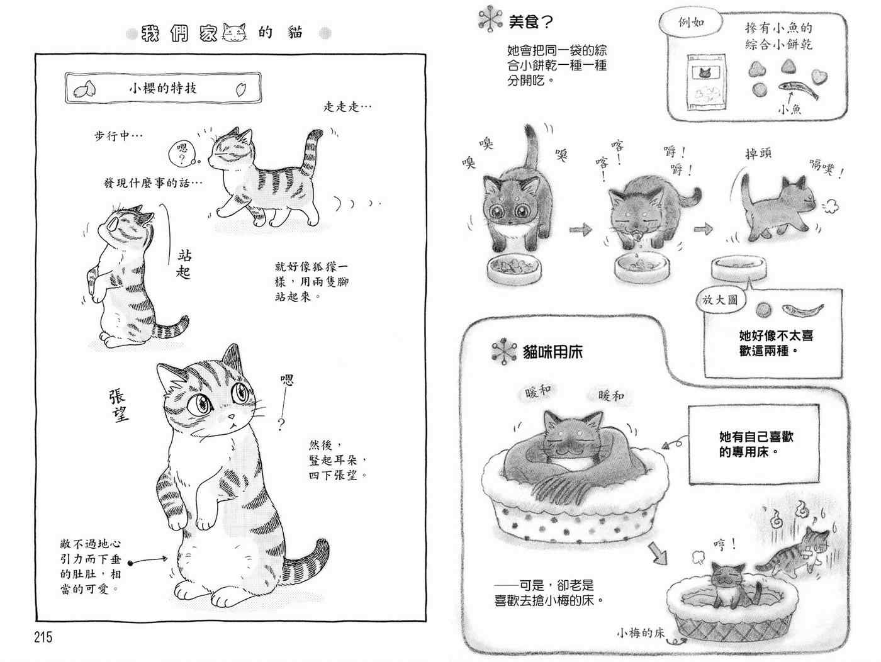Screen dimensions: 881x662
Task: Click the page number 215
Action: pos(43,637)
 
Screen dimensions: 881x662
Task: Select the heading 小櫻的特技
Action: pos(163,88)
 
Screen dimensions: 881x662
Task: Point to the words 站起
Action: pos(184,264)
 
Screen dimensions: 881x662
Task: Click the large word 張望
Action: pos(119,405)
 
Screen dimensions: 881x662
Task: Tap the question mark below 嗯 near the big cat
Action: pos(281,424)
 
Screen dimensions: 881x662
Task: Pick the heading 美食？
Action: pos(530,21)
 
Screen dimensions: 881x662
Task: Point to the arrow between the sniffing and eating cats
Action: pos(580,230)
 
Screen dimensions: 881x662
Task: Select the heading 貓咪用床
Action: pos(553,352)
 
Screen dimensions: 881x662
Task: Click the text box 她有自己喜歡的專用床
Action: pos(754,444)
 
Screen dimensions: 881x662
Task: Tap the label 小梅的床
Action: pos(641,633)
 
